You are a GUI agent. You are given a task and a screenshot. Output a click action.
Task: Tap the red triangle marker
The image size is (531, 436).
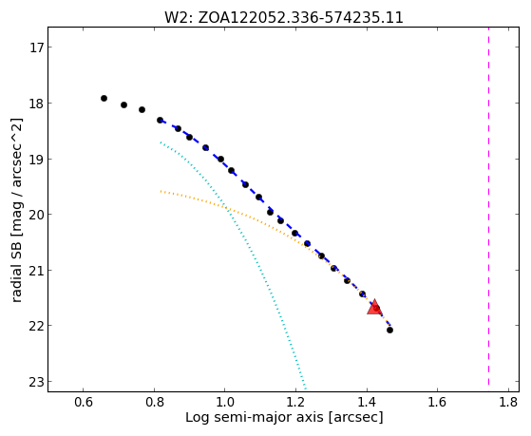point(374,307)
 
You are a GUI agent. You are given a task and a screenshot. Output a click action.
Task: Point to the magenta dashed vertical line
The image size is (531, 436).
point(488,206)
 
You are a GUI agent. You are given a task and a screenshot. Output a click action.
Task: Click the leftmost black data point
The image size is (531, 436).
point(104,98)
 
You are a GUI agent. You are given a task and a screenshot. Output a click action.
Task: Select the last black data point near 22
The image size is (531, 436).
point(389,330)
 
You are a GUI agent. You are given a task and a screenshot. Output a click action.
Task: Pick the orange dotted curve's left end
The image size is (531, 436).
point(161,192)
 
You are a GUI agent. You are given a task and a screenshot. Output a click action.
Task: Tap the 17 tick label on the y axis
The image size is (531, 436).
point(37,47)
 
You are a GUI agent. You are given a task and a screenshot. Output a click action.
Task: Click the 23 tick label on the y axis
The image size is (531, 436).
point(37,382)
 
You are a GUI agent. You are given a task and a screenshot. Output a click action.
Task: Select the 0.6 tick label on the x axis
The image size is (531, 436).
point(84,402)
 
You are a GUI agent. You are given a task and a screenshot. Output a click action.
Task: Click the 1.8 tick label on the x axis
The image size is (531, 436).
point(508,402)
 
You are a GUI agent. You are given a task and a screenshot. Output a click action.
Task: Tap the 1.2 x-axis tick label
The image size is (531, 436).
point(295,402)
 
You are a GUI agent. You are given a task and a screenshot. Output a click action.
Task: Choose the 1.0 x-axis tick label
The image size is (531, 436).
point(225,402)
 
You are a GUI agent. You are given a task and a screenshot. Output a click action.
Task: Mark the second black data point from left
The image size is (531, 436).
point(123,105)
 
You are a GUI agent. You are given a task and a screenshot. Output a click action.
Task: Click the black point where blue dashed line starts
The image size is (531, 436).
point(160,120)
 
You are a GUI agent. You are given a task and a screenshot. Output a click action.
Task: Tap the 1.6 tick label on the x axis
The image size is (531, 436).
point(438,402)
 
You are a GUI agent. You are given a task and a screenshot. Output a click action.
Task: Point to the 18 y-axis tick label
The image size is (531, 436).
point(37,104)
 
